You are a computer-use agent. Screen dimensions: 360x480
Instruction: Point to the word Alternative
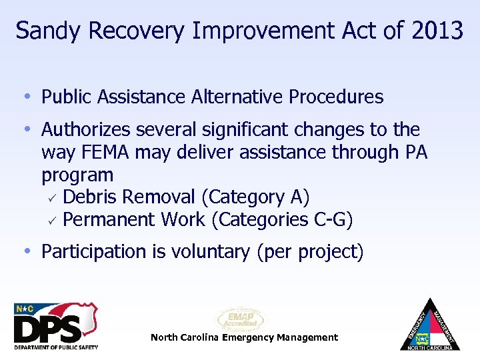[237, 97]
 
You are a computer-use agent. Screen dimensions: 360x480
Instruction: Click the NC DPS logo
[55, 323]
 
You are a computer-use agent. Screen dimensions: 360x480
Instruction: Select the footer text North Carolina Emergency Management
[244, 337]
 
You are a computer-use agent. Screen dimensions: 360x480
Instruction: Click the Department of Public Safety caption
[55, 347]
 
